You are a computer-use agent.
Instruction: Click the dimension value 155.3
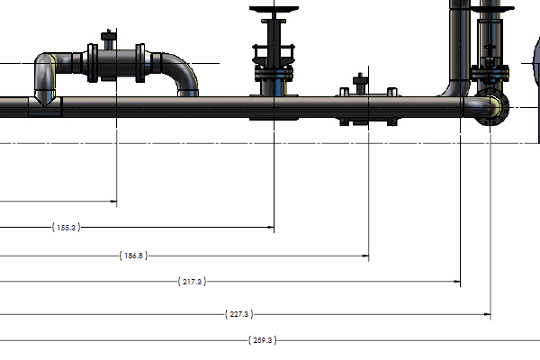(67, 228)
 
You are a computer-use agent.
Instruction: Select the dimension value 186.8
(132, 256)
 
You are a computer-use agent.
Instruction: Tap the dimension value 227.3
(239, 314)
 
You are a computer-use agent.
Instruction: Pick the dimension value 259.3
(262, 340)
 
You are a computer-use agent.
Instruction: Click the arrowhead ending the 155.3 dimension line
(271, 228)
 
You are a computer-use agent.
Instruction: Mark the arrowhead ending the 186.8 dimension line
(366, 256)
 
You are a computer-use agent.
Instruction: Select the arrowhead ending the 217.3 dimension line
(458, 282)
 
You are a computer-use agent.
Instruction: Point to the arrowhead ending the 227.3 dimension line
(487, 314)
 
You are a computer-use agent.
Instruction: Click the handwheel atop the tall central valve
(273, 10)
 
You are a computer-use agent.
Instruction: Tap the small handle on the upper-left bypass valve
(110, 37)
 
